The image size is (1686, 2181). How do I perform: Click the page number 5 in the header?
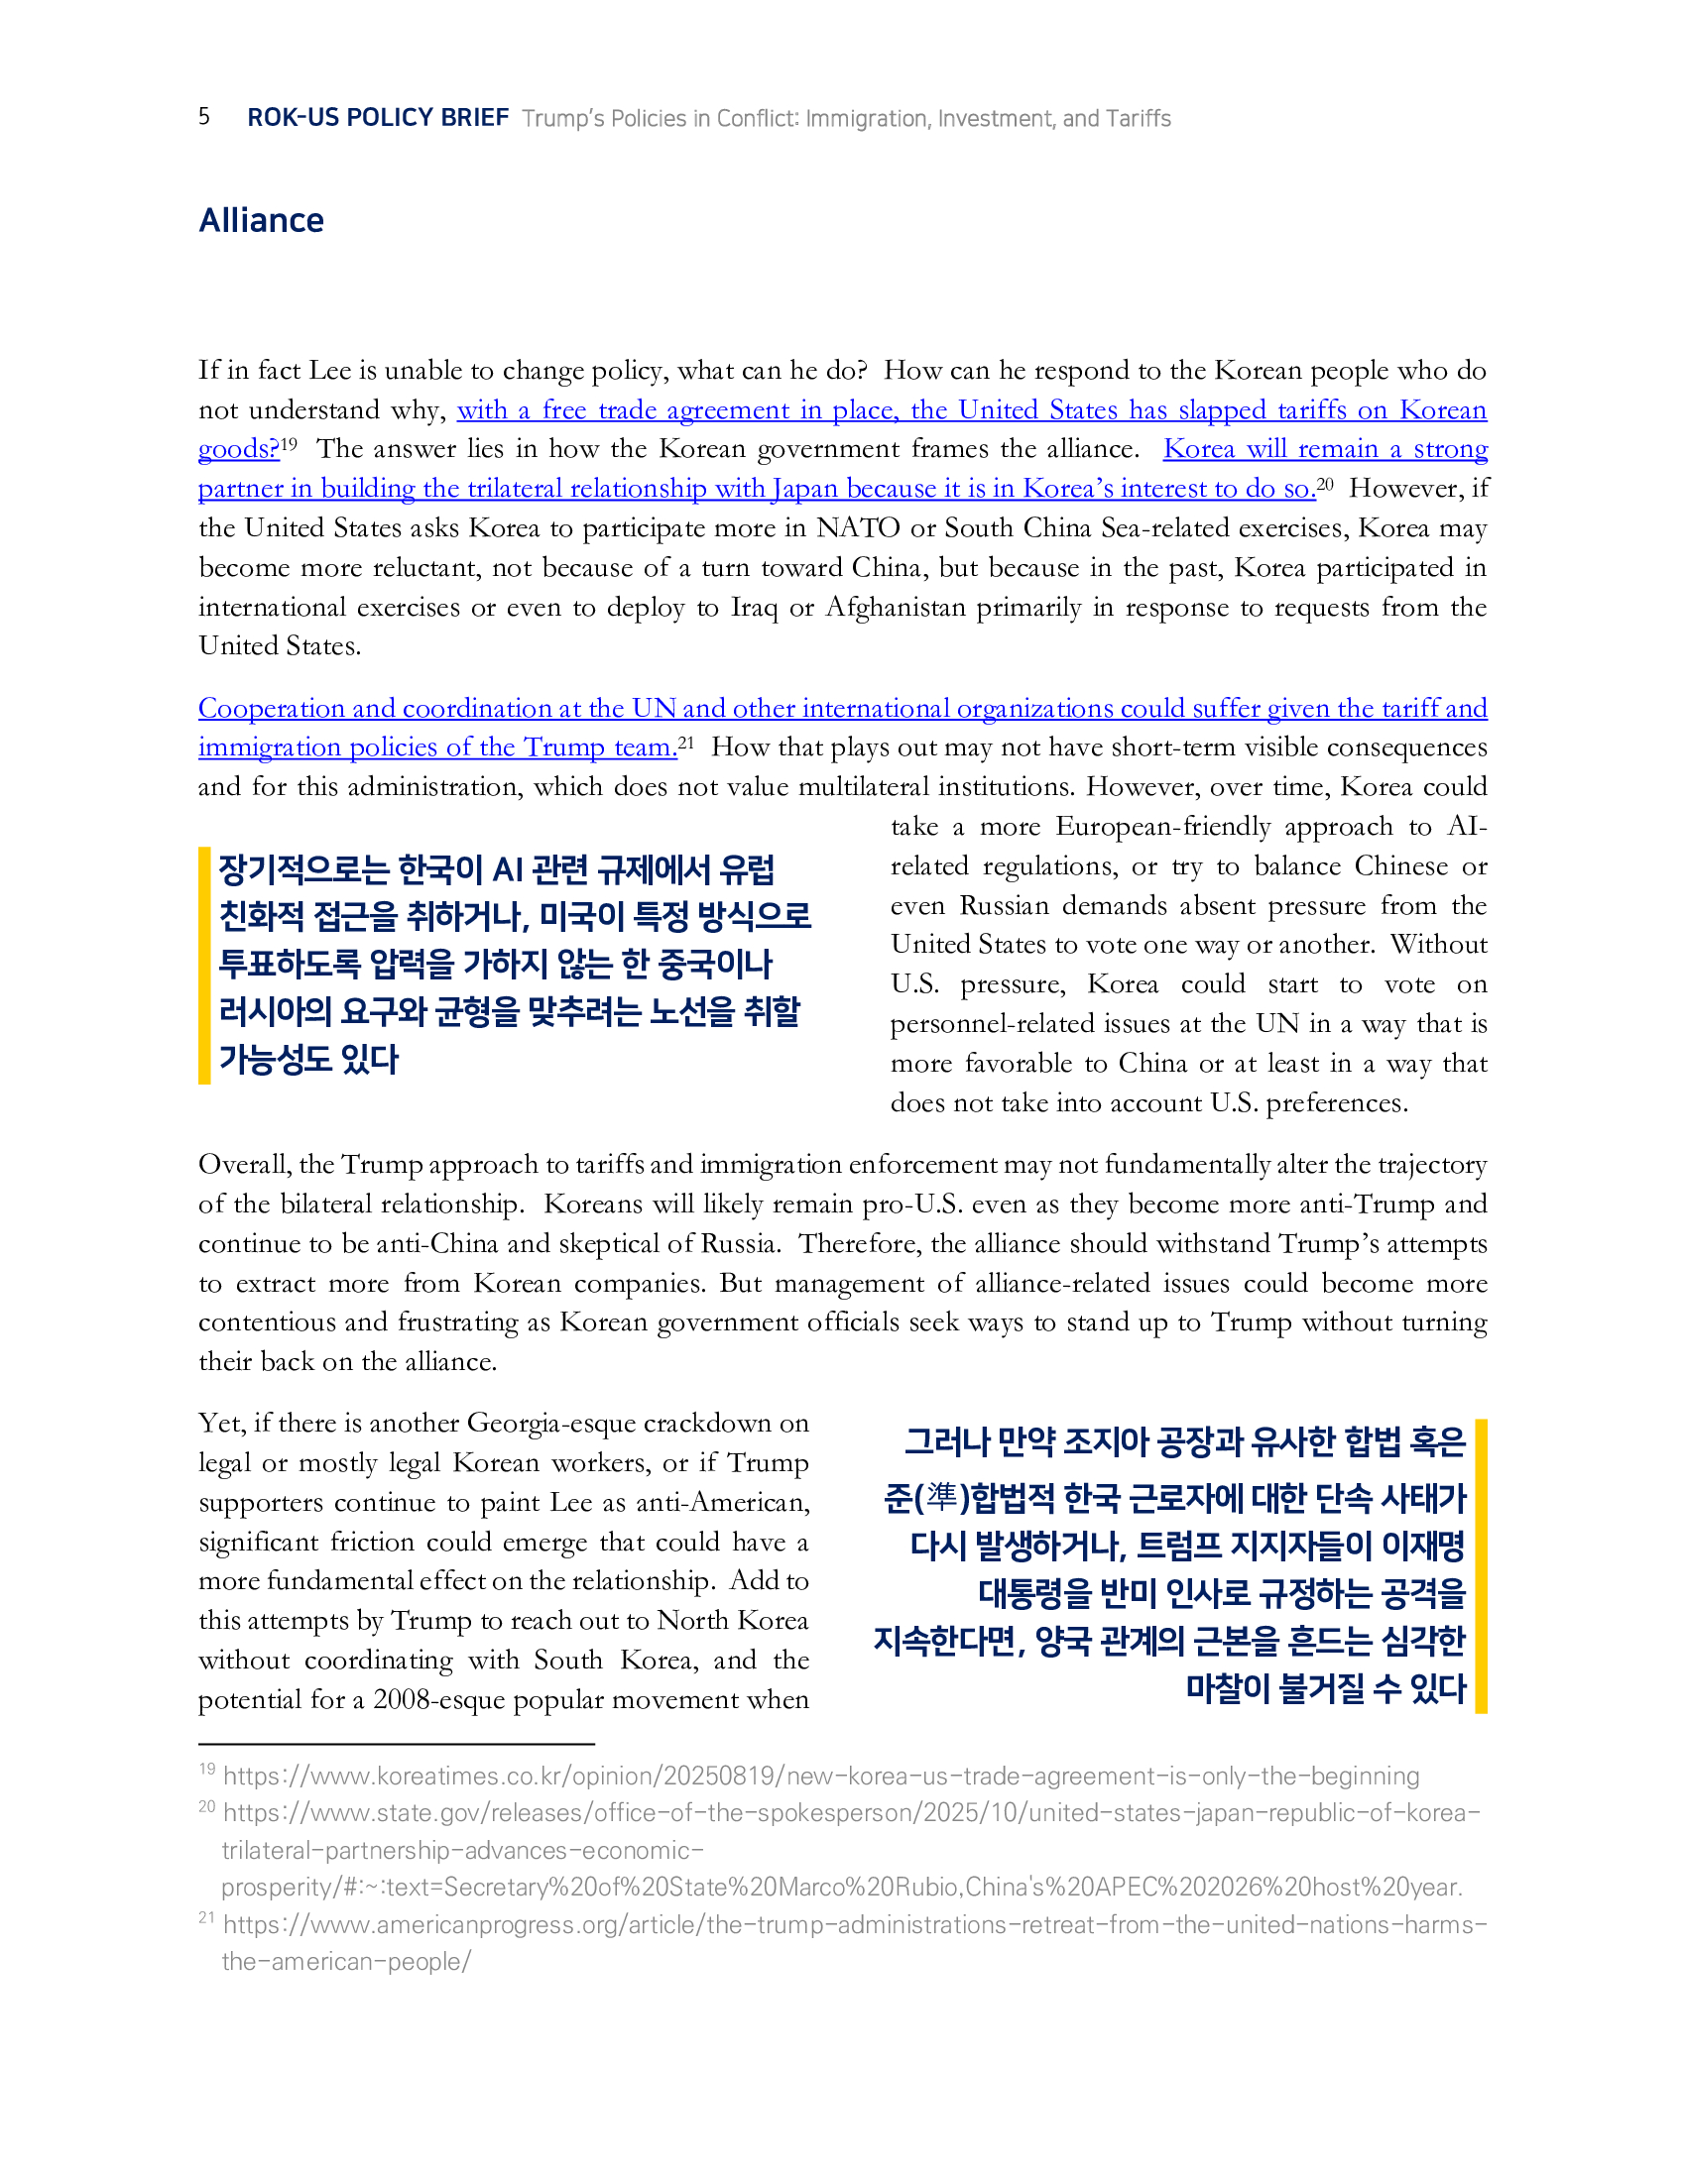pyautogui.click(x=203, y=117)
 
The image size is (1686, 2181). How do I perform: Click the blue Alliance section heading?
pyautogui.click(x=261, y=221)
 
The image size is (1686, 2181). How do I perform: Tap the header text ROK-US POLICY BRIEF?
pyautogui.click(x=378, y=118)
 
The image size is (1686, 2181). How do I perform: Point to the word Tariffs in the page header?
pyautogui.click(x=1139, y=119)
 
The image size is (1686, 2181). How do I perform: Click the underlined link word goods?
pyautogui.click(x=238, y=449)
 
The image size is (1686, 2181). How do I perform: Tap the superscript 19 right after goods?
pyautogui.click(x=289, y=443)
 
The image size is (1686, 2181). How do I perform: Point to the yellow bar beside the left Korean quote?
pyautogui.click(x=204, y=965)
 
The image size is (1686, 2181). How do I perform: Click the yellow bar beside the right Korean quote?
pyautogui.click(x=1482, y=1564)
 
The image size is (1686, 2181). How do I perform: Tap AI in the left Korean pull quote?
pyautogui.click(x=508, y=870)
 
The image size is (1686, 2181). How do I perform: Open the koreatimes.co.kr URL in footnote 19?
pyautogui.click(x=820, y=1776)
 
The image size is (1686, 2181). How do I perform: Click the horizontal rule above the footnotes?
pyautogui.click(x=396, y=1744)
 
